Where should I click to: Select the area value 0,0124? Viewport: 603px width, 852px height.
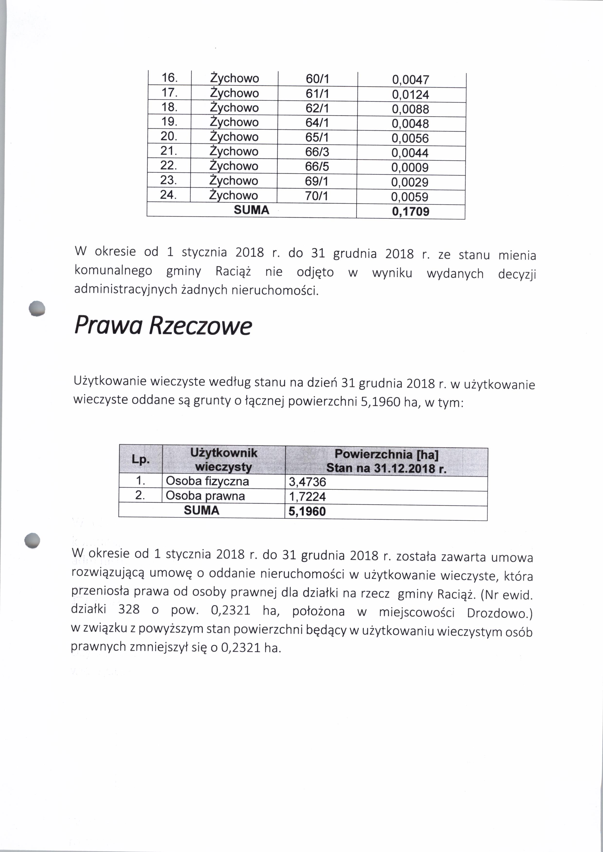pos(410,95)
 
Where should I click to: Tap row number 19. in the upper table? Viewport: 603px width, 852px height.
pos(169,122)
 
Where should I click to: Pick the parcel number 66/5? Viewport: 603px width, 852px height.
pos(317,166)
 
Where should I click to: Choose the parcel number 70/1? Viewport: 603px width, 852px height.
pos(316,196)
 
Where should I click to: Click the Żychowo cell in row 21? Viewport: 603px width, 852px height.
pos(234,151)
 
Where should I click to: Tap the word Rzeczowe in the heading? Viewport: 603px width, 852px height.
pos(201,326)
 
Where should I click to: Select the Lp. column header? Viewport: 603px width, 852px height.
pos(141,460)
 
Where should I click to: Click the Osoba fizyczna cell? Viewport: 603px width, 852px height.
pos(207,481)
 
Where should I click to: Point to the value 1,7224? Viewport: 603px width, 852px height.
pos(307,497)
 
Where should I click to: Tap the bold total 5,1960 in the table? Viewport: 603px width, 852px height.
pos(307,511)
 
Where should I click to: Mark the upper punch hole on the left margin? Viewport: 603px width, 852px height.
pos(37,308)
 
